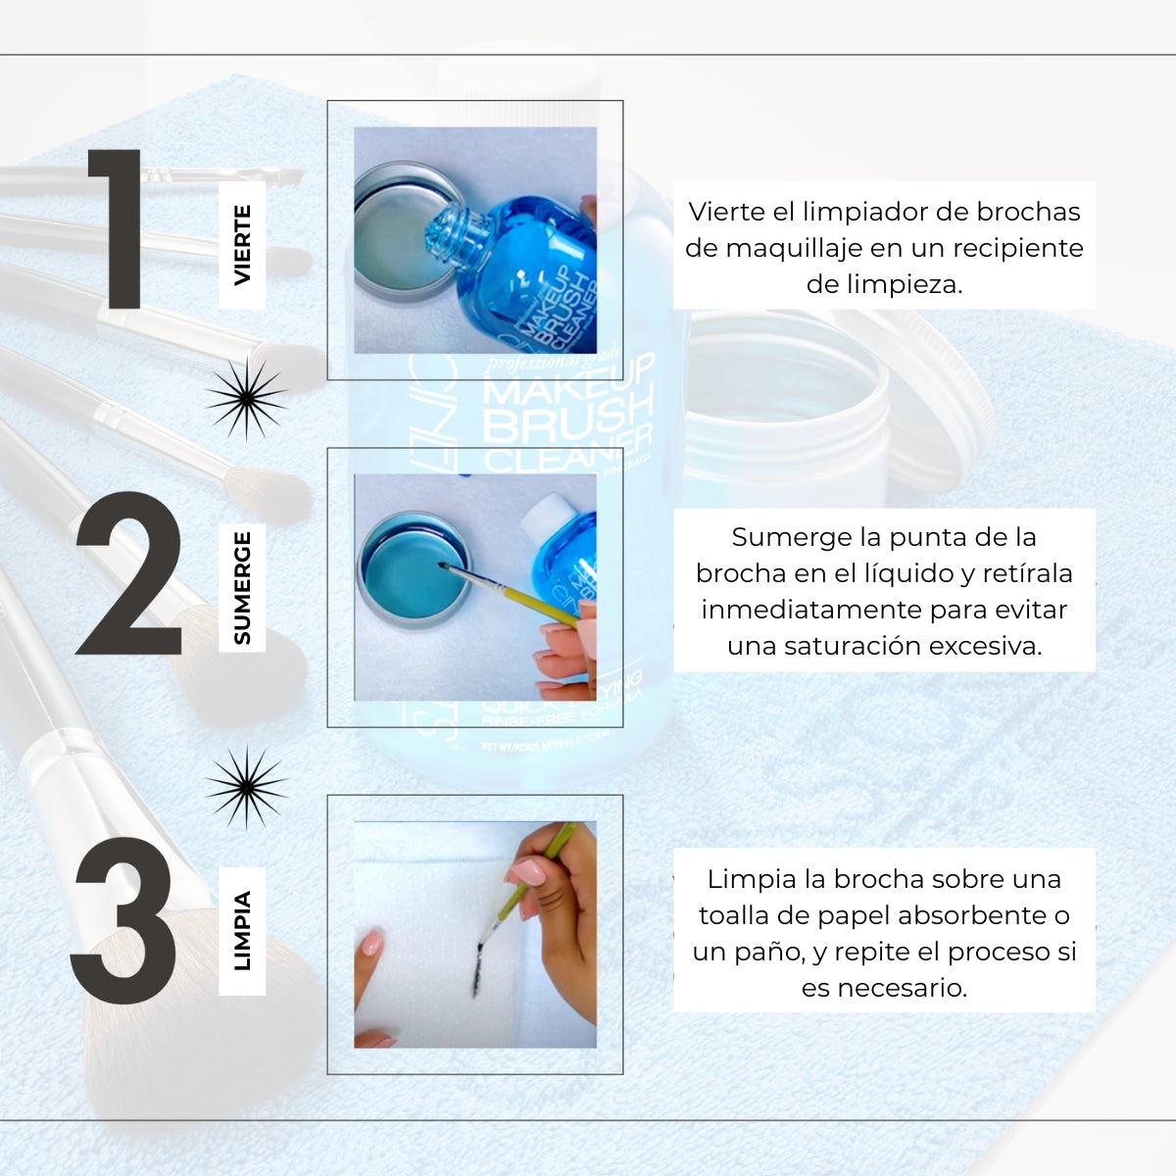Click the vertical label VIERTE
242,245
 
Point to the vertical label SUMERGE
242,588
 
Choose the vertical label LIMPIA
242,931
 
